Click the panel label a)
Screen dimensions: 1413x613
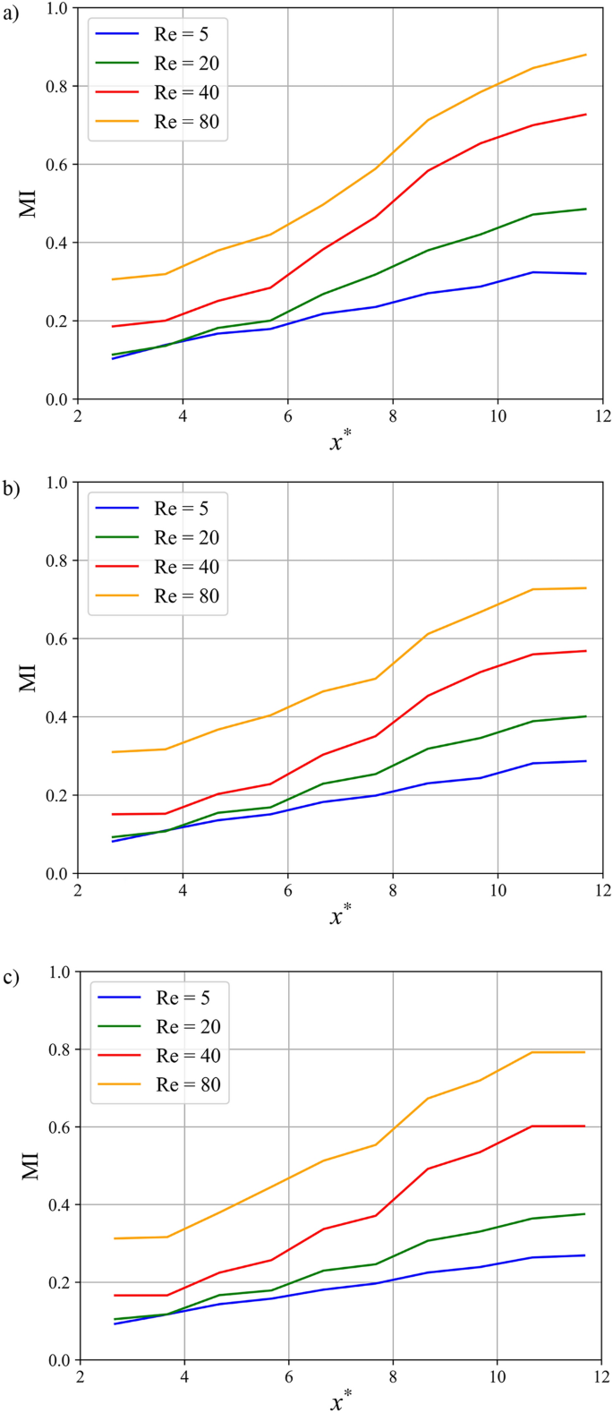(x=12, y=13)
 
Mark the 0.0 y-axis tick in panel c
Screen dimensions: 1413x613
(x=60, y=1360)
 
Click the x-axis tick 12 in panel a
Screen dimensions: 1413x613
(x=601, y=416)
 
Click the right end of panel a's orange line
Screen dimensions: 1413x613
(x=586, y=55)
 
